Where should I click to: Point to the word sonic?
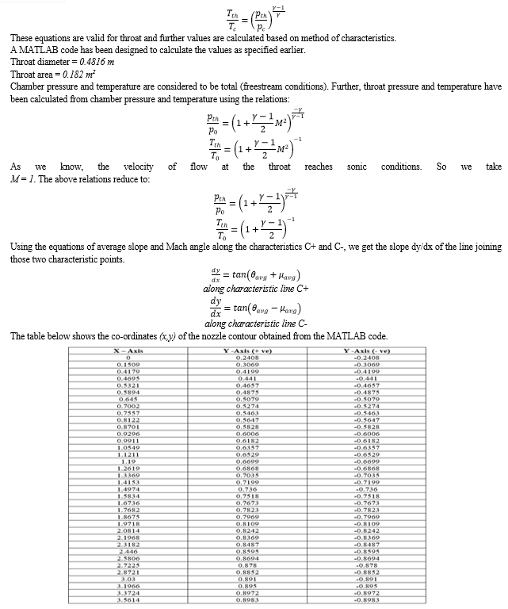pos(358,167)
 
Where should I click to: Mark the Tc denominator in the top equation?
pos(231,22)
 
